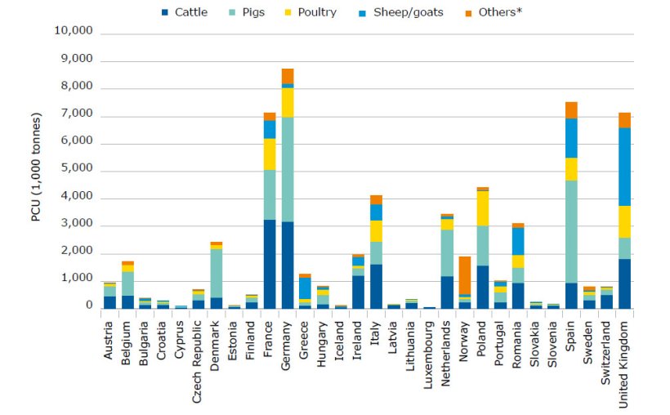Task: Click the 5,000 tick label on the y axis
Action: pyautogui.click(x=76, y=170)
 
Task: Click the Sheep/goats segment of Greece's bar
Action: pyautogui.click(x=305, y=288)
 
